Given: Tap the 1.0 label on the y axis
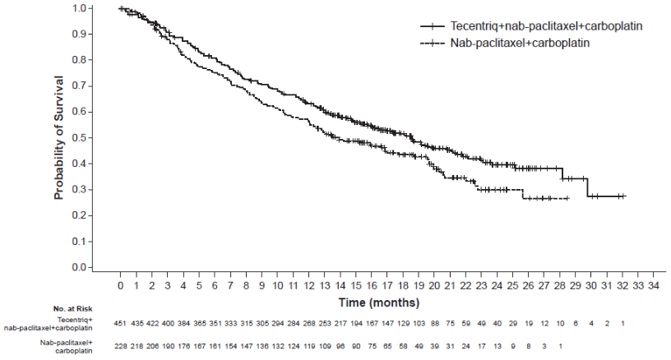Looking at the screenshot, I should coord(79,8).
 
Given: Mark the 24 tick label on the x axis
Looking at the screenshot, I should coord(497,285).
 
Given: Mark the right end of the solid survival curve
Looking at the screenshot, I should coord(625,196).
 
